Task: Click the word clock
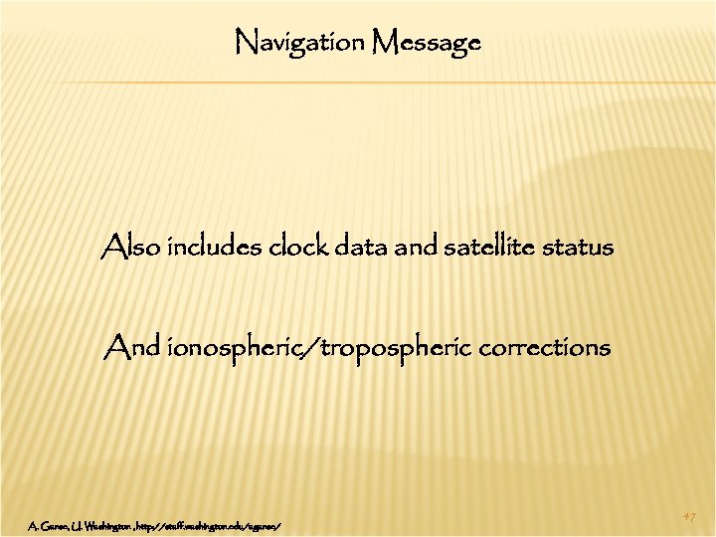[298, 248]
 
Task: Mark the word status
[582, 248]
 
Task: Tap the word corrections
[545, 349]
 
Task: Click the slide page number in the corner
[689, 516]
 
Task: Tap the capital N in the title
[244, 42]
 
